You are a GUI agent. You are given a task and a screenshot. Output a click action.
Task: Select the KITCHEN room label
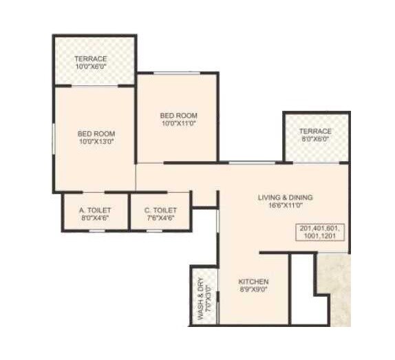coord(253,282)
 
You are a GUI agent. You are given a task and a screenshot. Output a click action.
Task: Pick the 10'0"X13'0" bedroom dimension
coord(96,142)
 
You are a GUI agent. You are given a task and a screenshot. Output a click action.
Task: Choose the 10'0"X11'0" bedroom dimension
coord(179,124)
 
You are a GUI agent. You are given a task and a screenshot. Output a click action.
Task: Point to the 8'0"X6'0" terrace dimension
coord(315,139)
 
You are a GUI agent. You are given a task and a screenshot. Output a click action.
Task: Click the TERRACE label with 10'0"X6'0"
coord(92,59)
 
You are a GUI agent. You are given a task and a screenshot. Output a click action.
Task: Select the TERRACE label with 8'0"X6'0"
coord(315,131)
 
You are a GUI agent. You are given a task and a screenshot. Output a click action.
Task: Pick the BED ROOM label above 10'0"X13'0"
coord(96,133)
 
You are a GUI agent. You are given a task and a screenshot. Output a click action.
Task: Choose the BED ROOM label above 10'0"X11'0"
coord(179,115)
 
